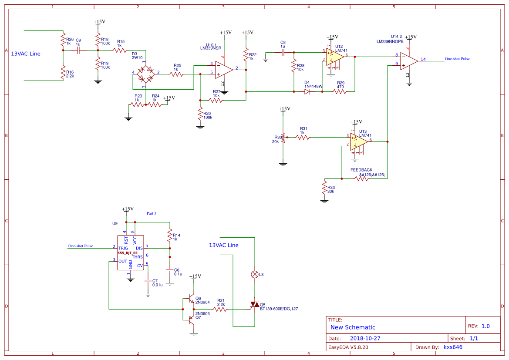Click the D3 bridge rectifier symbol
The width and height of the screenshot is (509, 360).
click(145, 73)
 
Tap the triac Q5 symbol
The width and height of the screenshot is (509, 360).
click(254, 304)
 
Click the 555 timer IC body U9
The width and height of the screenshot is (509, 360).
click(130, 252)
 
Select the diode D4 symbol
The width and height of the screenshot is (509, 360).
click(307, 91)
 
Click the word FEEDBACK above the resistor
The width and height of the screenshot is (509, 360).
click(361, 170)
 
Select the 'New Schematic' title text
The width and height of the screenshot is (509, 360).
click(353, 327)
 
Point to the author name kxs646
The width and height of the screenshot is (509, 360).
click(453, 347)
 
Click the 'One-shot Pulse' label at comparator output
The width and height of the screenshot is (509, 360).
click(457, 59)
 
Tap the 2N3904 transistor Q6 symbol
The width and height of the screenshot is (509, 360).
click(189, 300)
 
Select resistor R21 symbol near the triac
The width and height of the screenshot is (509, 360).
click(220, 309)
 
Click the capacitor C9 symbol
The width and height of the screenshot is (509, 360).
click(78, 50)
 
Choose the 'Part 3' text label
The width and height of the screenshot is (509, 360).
click(151, 213)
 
